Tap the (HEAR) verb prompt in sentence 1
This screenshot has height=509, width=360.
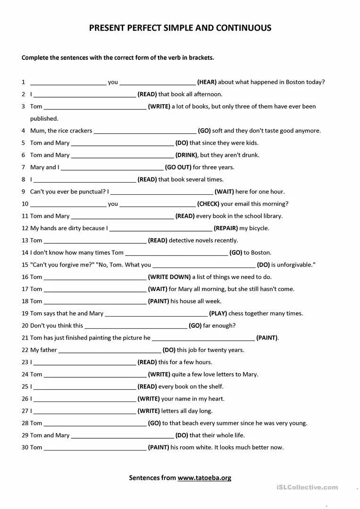207,82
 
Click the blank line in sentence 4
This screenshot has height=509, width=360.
145,131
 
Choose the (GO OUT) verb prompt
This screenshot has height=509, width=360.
178,167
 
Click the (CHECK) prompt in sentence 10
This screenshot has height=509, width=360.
208,204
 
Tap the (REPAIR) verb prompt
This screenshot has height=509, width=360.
226,228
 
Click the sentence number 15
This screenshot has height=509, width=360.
25,265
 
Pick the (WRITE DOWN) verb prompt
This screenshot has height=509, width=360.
169,277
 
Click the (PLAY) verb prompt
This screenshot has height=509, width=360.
218,314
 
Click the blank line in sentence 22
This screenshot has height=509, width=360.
109,350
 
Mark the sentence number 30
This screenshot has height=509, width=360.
25,448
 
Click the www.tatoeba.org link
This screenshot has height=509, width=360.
204,478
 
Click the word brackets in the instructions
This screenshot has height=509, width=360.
201,58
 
